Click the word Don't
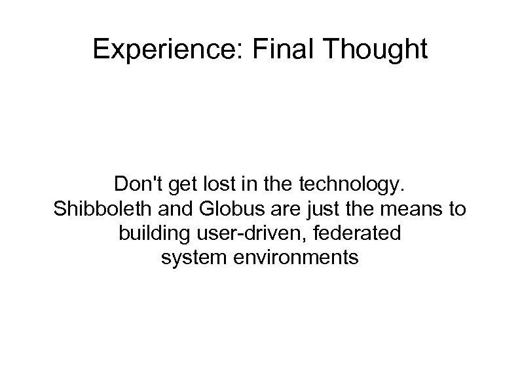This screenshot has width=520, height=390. pos(135,185)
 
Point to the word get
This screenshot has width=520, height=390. pos(176,186)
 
